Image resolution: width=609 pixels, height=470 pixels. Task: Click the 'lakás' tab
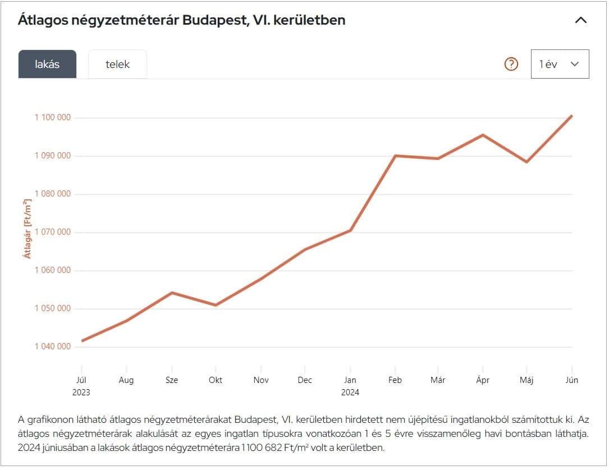47,64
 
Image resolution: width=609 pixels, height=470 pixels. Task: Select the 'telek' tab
117,64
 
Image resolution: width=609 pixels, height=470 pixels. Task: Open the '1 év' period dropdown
560,64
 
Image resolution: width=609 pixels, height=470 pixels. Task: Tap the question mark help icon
511,64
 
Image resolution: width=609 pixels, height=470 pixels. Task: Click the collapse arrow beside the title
581,20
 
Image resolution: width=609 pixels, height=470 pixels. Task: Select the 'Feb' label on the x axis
395,380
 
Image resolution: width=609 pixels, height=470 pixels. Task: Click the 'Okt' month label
216,380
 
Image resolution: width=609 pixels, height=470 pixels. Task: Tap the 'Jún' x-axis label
571,380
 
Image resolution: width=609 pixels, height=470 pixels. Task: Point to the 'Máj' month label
526,380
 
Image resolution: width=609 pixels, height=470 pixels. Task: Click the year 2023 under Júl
81,393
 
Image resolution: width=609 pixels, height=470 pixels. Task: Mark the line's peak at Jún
571,116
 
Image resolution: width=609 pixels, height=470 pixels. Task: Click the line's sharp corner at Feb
395,156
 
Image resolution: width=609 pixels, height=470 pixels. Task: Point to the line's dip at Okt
216,305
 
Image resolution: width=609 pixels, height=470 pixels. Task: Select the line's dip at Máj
526,162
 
